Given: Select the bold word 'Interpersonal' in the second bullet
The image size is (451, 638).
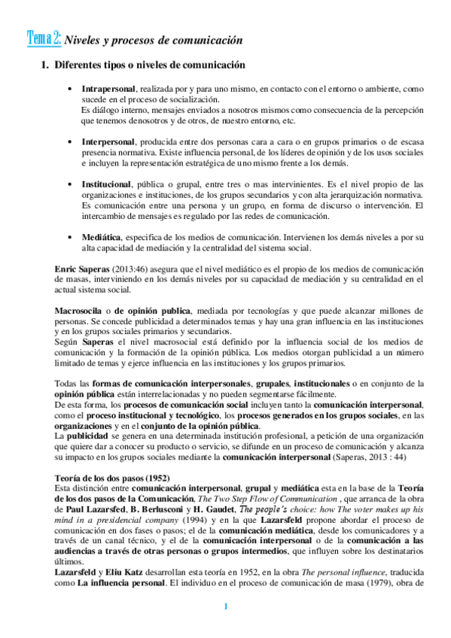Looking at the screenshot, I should pyautogui.click(x=108, y=141).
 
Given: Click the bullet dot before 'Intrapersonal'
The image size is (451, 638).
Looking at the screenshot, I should pyautogui.click(x=70, y=89).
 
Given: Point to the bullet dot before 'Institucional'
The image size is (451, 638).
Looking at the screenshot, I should pyautogui.click(x=70, y=184).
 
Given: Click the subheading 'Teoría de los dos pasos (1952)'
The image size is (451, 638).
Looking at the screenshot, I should pyautogui.click(x=112, y=457).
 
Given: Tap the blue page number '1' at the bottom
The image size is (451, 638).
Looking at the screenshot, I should pyautogui.click(x=224, y=607).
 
